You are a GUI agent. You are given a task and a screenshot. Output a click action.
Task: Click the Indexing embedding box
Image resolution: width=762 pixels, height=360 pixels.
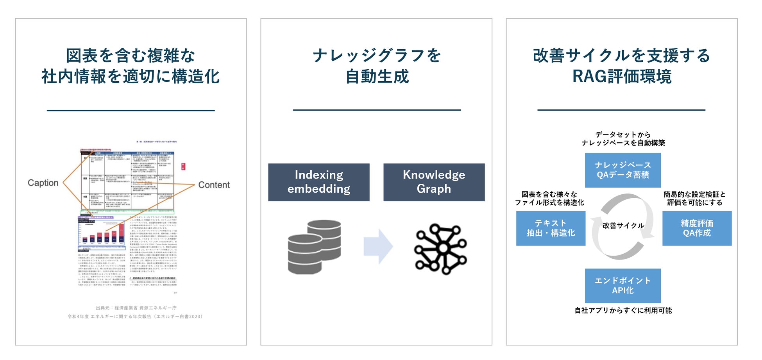318,182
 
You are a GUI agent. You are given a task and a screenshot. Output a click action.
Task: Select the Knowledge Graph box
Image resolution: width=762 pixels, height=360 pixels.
434,182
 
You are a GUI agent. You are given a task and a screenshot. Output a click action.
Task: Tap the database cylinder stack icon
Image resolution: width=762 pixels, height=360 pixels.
314,247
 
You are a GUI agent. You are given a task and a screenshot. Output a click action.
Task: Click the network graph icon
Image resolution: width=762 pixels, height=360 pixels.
440,249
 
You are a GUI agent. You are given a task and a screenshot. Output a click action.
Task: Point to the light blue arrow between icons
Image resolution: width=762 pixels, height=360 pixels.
378,247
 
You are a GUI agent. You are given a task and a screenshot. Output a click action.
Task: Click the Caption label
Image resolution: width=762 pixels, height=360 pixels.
43,183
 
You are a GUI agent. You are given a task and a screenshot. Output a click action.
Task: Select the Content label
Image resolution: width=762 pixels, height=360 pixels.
214,185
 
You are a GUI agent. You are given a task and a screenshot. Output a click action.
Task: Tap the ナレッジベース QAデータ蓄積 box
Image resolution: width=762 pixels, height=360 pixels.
622,170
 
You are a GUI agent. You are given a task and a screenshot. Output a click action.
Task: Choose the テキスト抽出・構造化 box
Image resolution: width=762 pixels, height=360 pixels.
551,228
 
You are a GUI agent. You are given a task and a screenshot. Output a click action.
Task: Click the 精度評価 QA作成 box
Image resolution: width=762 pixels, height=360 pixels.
697,228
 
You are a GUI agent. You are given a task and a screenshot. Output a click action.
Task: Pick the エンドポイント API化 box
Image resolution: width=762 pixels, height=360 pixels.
622,285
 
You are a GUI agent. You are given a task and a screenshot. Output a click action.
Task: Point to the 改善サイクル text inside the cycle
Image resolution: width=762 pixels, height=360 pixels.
623,226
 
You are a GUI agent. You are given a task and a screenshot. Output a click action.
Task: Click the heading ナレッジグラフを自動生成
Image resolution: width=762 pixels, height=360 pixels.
377,66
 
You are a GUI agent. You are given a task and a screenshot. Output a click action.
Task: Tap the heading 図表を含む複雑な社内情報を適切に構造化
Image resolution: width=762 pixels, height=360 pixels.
131,66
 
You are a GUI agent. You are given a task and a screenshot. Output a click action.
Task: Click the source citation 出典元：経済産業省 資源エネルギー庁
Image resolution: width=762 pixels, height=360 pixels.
136,308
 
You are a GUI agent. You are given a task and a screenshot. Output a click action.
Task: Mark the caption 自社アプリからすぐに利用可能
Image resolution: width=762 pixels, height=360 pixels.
623,310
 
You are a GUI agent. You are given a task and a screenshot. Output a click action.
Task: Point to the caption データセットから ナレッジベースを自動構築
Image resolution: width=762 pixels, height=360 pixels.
623,139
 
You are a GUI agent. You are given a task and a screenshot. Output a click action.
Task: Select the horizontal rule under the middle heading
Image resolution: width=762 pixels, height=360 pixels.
377,110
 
